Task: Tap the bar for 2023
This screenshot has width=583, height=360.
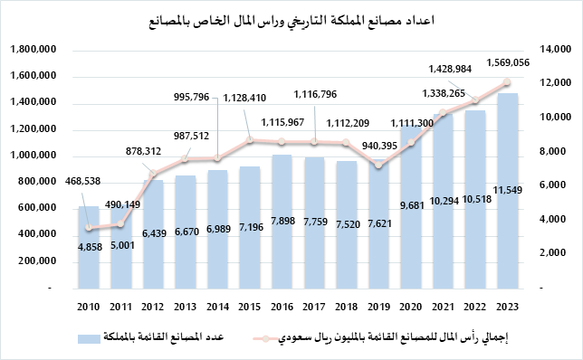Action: coord(507,190)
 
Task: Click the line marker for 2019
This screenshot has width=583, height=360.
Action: coord(378,166)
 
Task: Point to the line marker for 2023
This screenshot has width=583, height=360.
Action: coord(507,82)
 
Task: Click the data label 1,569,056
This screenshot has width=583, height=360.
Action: coord(507,62)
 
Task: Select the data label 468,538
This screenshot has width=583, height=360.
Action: coord(88,181)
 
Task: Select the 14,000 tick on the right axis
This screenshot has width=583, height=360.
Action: coord(554,50)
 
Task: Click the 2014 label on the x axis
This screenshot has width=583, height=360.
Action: coord(217,305)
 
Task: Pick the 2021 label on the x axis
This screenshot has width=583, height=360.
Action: coord(443,305)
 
